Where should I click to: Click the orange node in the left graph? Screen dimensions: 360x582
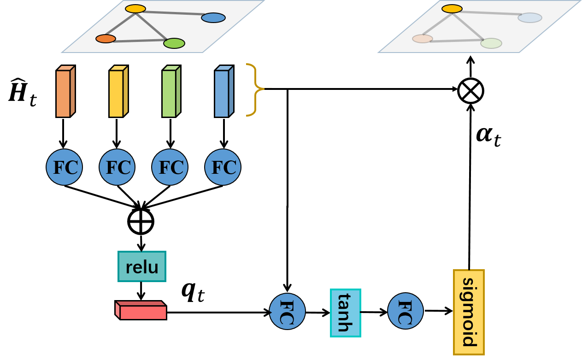(x=106, y=39)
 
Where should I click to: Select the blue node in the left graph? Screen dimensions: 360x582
(x=213, y=18)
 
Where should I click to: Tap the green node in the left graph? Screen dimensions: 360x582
(x=174, y=43)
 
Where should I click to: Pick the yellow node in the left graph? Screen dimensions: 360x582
(x=135, y=9)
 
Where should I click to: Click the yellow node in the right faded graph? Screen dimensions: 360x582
(x=452, y=9)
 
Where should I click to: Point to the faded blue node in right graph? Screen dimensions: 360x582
(x=529, y=18)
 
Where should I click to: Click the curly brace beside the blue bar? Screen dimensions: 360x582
(x=253, y=89)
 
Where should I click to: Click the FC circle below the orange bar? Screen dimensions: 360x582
(x=64, y=167)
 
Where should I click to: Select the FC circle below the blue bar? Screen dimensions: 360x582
(x=223, y=167)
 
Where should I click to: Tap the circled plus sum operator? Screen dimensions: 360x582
(x=141, y=221)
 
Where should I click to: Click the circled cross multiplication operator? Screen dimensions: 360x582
(x=470, y=91)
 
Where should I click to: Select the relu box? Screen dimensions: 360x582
(x=141, y=266)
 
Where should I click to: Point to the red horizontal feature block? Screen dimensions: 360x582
(x=141, y=311)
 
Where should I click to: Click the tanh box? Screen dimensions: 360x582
(x=345, y=313)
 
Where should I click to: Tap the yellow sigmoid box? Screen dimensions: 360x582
(x=469, y=312)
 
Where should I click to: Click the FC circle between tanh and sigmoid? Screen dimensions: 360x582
(x=405, y=311)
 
